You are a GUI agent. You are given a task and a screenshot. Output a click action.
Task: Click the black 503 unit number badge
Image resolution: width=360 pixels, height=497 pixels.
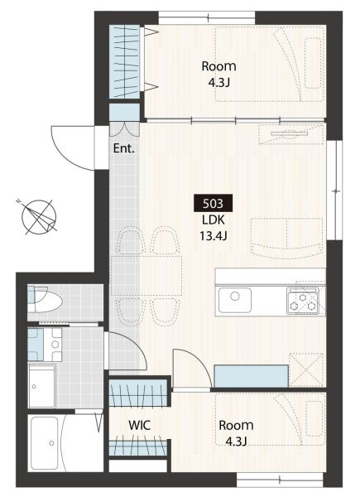(x=213, y=203)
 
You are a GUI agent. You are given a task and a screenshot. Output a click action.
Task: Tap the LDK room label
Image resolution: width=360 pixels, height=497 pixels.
(x=213, y=220)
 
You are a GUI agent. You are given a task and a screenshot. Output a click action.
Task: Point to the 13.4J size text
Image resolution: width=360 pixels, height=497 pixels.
(x=213, y=236)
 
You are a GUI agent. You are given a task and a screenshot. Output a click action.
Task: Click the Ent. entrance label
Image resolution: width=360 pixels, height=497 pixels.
(x=124, y=148)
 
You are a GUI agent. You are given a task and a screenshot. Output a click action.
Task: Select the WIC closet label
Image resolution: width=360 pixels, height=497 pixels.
(x=139, y=426)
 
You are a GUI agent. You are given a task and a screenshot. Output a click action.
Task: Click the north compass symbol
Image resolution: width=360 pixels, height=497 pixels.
(x=38, y=217)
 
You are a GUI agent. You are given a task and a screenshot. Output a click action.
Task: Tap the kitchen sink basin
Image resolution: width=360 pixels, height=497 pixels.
(x=235, y=300)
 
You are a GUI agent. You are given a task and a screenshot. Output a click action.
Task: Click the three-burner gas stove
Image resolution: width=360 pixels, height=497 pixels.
(x=302, y=301)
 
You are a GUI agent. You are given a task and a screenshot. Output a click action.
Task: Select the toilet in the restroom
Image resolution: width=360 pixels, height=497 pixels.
(x=45, y=300)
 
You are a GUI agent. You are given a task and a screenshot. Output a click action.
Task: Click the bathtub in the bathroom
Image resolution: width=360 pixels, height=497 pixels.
(x=45, y=443)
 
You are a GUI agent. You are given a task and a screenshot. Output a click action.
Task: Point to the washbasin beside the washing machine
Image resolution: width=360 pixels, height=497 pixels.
(x=45, y=345)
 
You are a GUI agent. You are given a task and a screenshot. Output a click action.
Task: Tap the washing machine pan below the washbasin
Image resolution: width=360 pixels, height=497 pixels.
(x=42, y=386)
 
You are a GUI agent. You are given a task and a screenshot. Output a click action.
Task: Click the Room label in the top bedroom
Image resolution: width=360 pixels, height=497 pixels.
(x=218, y=66)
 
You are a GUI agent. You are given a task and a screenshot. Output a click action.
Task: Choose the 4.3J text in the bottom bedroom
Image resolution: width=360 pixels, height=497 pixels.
(x=236, y=442)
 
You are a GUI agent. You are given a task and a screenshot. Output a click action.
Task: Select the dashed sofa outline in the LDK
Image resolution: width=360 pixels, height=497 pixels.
(x=287, y=239)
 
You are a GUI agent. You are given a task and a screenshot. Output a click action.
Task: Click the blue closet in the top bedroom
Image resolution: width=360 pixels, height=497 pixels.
(x=124, y=61)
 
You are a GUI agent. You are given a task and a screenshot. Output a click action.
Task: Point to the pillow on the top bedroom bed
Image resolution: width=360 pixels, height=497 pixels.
(x=314, y=63)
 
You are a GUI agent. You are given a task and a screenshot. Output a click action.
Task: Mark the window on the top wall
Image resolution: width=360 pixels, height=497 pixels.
(x=207, y=17)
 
